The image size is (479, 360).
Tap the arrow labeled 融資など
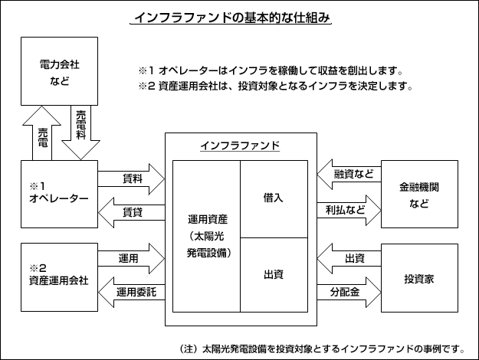[349, 174]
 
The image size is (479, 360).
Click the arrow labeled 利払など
[349, 208]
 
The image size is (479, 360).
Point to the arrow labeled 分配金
[349, 292]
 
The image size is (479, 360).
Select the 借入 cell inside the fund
[274, 197]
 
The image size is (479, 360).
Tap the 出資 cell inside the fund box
[274, 273]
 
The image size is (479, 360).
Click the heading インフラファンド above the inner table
[239, 146]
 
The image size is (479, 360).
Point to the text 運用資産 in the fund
[207, 219]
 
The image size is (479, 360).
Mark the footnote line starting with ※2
[276, 86]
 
